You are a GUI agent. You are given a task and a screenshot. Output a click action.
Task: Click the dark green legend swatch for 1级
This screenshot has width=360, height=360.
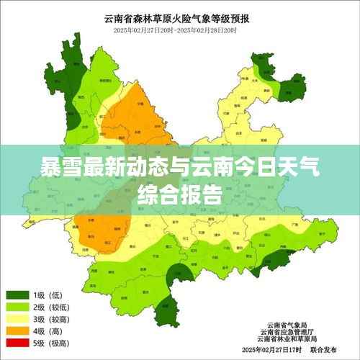pyautogui.click(x=17, y=295)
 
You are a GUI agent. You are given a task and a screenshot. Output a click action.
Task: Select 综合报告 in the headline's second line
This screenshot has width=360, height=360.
pyautogui.click(x=179, y=193)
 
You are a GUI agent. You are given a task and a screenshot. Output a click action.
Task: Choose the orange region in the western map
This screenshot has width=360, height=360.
pyautogui.click(x=101, y=230)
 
